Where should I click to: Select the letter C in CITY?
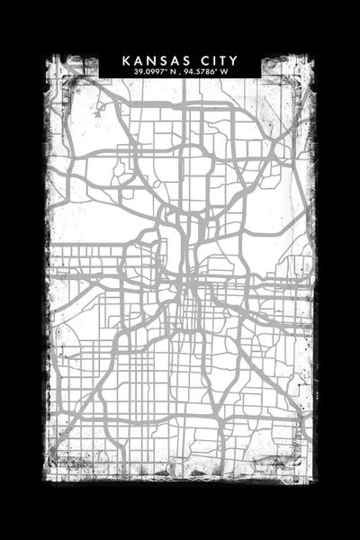pyautogui.click(x=196, y=60)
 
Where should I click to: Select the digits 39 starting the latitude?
pyautogui.click(x=137, y=71)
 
